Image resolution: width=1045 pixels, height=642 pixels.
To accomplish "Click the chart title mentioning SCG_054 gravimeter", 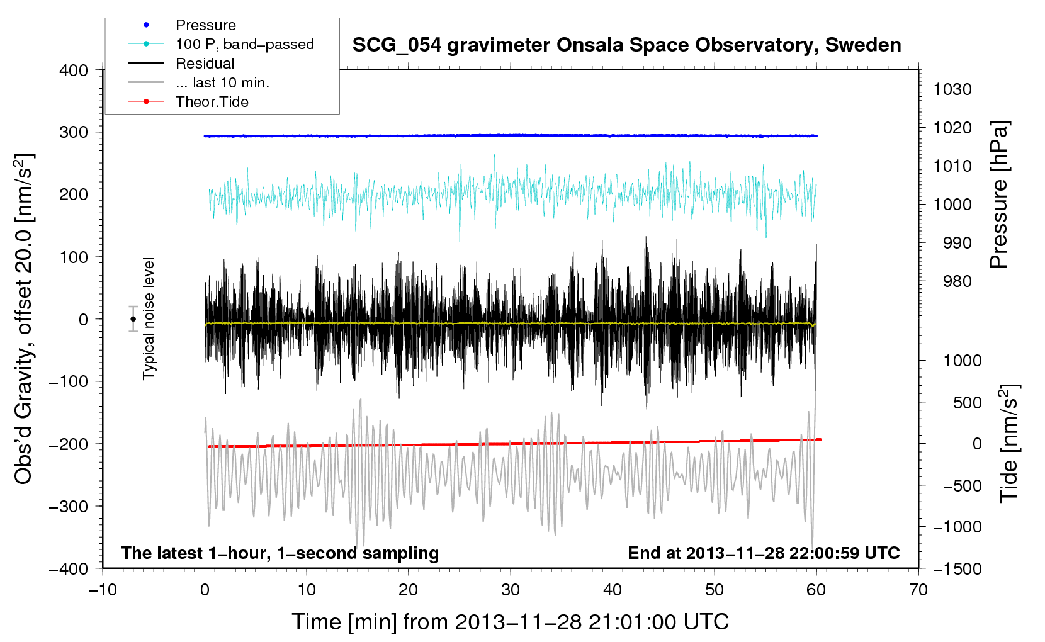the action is click(626, 45).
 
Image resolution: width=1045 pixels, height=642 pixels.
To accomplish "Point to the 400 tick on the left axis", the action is click(74, 70).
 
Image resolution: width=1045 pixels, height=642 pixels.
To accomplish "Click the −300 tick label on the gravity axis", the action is click(69, 506).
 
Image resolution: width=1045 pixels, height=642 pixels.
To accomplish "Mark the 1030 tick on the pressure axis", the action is click(952, 89).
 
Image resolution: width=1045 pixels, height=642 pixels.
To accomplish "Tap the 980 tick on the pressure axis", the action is click(957, 281).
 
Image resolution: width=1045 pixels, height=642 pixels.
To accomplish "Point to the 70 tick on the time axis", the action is click(918, 590).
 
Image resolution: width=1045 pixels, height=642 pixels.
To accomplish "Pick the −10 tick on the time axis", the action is click(103, 590).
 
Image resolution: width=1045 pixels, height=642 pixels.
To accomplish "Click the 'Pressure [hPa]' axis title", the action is click(999, 194).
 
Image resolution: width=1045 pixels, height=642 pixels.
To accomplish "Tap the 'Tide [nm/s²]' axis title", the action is click(1010, 442).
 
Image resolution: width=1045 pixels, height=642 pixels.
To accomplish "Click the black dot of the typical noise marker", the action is click(133, 319).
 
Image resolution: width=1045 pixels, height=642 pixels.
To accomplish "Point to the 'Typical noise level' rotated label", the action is click(148, 318).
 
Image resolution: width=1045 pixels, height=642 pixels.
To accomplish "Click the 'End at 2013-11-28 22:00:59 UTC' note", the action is click(764, 553).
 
